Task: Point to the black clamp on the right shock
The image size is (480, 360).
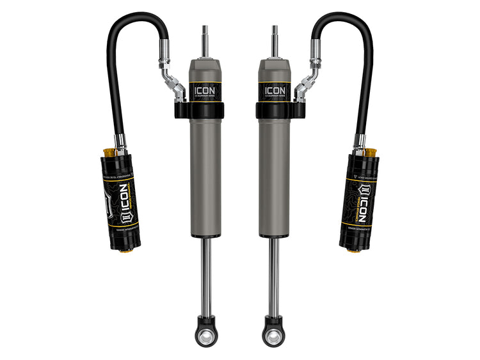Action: pyautogui.click(x=279, y=110)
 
